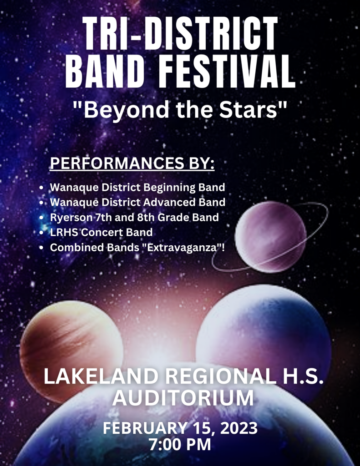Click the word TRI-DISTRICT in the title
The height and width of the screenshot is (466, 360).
tap(180, 34)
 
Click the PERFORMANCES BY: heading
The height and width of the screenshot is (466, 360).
tap(132, 163)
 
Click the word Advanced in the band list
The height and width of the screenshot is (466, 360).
tap(169, 202)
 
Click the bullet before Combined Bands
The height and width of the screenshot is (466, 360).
tap(41, 248)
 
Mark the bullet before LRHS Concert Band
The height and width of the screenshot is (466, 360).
tap(41, 233)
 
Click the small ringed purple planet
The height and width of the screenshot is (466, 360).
tap(270, 237)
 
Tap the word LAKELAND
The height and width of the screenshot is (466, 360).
tap(101, 376)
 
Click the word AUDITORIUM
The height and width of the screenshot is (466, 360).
tap(183, 398)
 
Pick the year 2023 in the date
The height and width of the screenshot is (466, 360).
tap(239, 428)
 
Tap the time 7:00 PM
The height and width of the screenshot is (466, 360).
tap(180, 445)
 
